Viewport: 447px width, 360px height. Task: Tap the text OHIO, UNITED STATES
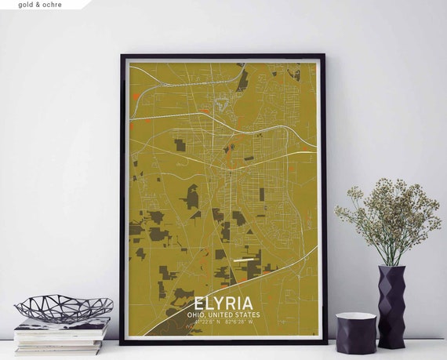223,315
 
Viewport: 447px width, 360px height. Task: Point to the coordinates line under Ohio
223,322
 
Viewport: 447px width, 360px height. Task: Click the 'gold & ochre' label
38,5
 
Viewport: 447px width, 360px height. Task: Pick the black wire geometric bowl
64,307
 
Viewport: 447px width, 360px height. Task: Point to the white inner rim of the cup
356,317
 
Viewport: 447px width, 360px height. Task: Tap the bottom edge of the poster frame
223,341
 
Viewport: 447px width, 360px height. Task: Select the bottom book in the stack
59,348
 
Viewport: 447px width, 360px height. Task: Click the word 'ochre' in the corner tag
51,5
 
